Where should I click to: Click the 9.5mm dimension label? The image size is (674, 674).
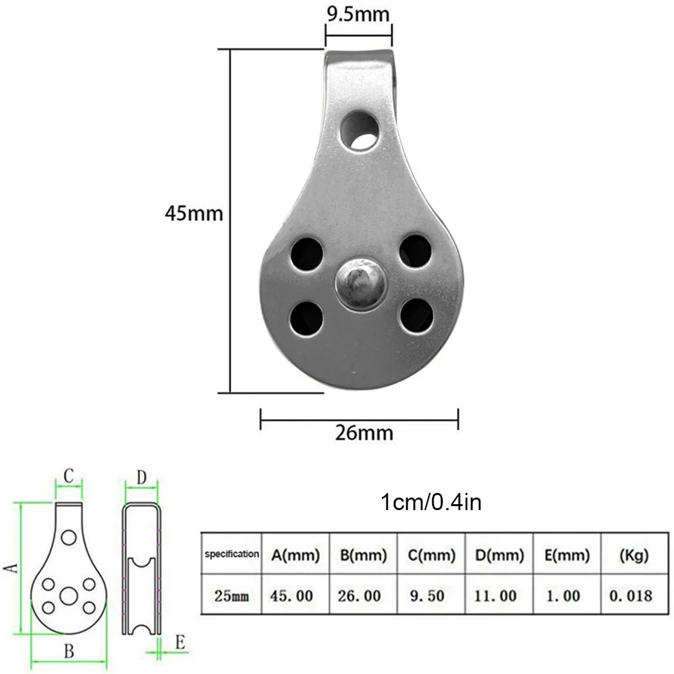pos(358,14)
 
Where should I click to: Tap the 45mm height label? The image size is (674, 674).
pos(194,213)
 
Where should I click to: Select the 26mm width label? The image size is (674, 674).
pos(364,432)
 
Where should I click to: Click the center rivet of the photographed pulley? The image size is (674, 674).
pos(361,283)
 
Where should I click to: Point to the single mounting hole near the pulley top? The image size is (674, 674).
pos(360,130)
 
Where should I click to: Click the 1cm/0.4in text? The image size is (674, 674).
pos(431,502)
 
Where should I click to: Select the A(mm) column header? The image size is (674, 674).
pos(295,555)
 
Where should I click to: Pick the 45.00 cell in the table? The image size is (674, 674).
pos(291,596)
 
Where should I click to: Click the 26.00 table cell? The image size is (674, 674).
pos(359,596)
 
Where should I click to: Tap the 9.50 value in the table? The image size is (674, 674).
pos(428,596)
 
